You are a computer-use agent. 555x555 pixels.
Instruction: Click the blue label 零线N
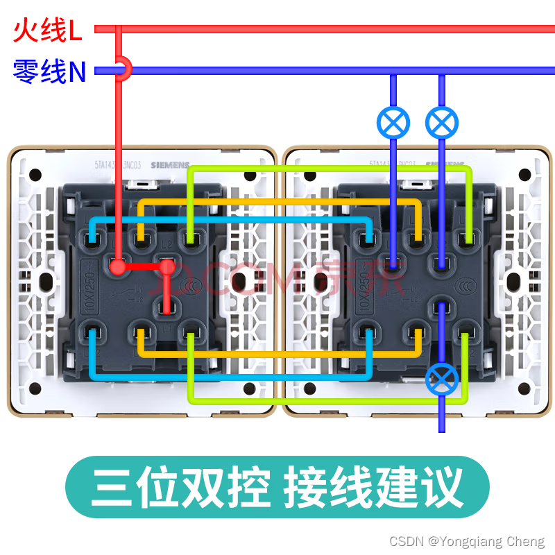pos(49,71)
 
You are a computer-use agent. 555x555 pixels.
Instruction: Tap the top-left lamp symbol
pos(393,123)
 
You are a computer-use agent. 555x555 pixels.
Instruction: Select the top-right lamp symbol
pos(442,123)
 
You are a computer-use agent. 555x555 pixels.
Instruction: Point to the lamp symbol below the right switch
pos(442,378)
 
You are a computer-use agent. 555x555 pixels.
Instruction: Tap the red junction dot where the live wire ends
pos(119,266)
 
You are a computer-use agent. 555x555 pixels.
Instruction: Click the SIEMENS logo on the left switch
pos(169,165)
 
